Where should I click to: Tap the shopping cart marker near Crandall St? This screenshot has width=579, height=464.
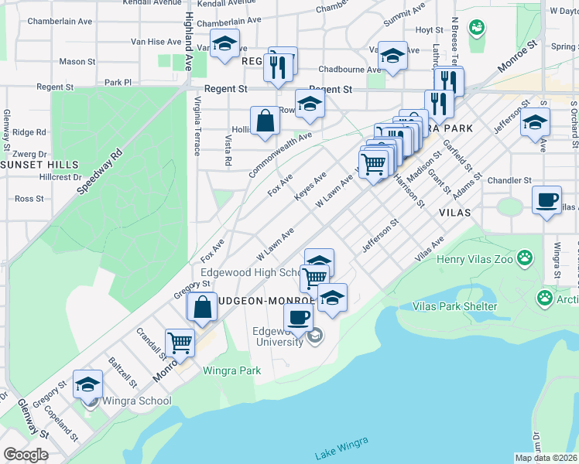pyautogui.click(x=180, y=341)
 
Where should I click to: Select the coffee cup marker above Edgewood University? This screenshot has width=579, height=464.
pyautogui.click(x=298, y=316)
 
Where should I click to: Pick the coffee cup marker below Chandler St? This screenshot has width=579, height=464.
pyautogui.click(x=547, y=200)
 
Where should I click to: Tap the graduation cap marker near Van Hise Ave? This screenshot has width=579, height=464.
pyautogui.click(x=224, y=43)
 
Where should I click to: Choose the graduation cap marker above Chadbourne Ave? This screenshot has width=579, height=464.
pyautogui.click(x=392, y=56)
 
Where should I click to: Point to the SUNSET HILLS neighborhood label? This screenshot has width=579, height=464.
pyautogui.click(x=39, y=165)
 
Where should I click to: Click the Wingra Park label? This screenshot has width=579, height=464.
pyautogui.click(x=231, y=370)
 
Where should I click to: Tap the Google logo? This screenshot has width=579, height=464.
pyautogui.click(x=26, y=455)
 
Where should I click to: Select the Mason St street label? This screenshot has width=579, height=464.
pyautogui.click(x=77, y=61)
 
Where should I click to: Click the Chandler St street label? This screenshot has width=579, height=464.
pyautogui.click(x=509, y=180)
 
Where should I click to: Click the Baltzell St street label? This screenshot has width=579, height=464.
pyautogui.click(x=122, y=372)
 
